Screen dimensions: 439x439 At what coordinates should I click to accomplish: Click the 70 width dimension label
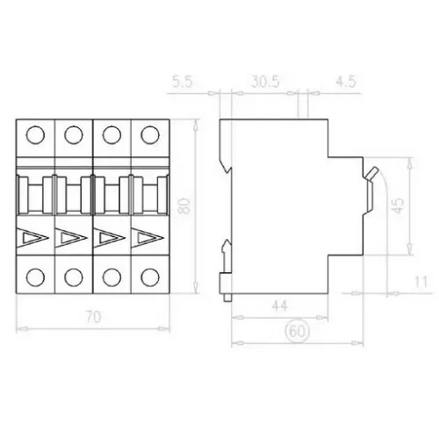coord(94,317)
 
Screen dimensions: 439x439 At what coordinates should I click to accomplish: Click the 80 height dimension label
coord(185,206)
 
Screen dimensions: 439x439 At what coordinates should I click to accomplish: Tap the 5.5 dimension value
coord(182,82)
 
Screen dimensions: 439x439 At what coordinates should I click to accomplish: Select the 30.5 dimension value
coord(265,82)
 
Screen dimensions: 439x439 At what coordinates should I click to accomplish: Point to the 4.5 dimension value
coord(346,82)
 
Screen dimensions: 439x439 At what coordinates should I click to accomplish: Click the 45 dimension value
coord(398,206)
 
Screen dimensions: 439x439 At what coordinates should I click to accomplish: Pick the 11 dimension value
coord(421,282)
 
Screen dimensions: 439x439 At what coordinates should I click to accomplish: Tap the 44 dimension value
coord(280,306)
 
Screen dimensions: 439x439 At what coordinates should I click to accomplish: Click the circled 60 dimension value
coord(297,331)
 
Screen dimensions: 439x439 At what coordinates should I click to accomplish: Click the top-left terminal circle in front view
coord(35,135)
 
